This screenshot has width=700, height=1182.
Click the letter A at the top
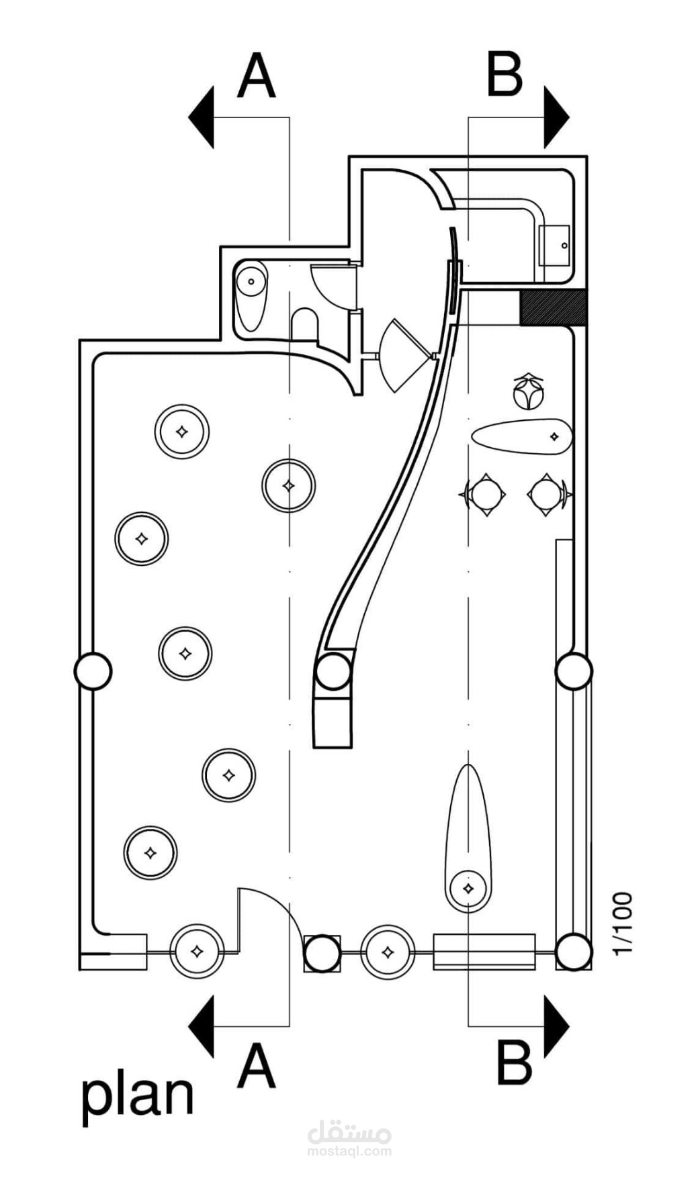(257, 76)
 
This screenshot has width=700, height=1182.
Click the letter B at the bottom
(515, 1062)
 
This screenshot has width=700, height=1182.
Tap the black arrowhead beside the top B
(556, 117)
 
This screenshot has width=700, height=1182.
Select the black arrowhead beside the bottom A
(201, 1026)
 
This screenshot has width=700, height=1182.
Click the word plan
(138, 1095)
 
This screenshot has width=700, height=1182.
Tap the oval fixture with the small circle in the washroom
(252, 295)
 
